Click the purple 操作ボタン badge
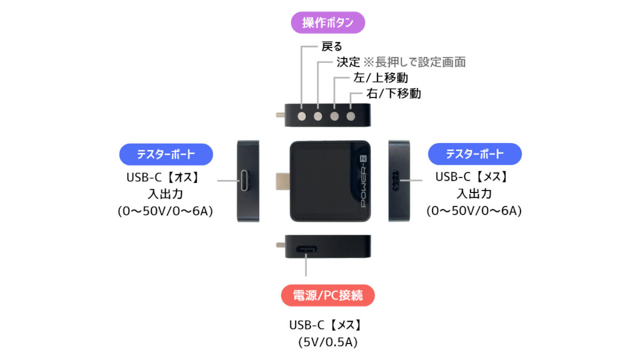coord(327,22)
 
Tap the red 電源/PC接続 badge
coord(327,295)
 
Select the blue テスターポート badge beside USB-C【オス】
coord(166,154)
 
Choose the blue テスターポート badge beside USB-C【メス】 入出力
coord(475,154)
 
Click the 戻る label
coord(332,46)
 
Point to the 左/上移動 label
coord(381,78)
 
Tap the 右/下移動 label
coord(394,93)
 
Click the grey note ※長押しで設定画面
coord(414,62)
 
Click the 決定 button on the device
coord(318,116)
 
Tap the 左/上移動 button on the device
coord(334,116)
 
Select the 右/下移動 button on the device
coord(350,116)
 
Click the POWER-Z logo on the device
coord(363,181)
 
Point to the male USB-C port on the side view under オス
coord(245,181)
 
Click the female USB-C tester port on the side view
coord(396,181)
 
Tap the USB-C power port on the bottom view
coord(306,249)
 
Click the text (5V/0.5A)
coord(327,342)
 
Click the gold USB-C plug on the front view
coord(283,181)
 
